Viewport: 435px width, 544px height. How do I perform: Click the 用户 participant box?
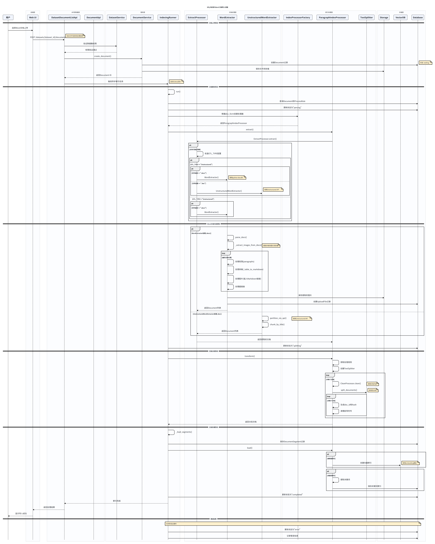point(8,17)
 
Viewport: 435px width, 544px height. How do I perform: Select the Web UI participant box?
point(33,17)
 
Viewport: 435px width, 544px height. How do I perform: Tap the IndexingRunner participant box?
point(168,17)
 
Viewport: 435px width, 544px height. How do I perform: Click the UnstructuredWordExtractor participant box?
point(262,17)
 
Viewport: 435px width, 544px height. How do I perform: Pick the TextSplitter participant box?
point(366,17)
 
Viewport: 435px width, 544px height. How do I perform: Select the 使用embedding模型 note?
point(410,463)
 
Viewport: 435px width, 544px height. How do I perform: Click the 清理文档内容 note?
point(372,384)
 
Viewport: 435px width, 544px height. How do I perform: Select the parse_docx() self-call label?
point(241,237)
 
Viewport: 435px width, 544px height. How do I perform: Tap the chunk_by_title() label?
point(277,324)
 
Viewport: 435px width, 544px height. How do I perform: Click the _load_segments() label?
point(184,432)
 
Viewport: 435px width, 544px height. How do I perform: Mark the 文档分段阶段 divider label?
point(213,351)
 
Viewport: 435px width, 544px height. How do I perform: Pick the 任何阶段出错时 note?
point(293,524)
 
